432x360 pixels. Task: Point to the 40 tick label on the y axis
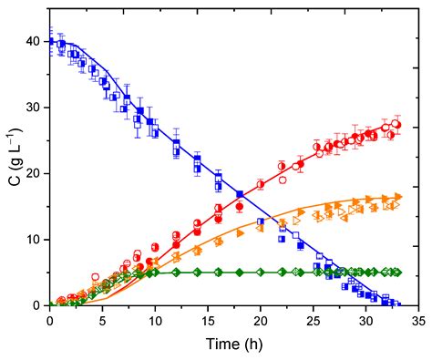[x=33, y=41]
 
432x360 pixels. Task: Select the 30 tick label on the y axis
[x=33, y=108]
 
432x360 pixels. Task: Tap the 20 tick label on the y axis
[x=33, y=173]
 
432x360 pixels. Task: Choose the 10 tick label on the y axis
[x=33, y=240]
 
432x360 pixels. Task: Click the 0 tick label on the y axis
[x=36, y=305]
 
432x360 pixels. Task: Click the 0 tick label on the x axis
[x=49, y=321]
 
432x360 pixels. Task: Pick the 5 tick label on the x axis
[x=102, y=321]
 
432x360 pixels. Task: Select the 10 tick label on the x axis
[x=155, y=321]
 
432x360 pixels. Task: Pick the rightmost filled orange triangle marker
[x=397, y=198]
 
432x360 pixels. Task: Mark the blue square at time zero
[x=50, y=42]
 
